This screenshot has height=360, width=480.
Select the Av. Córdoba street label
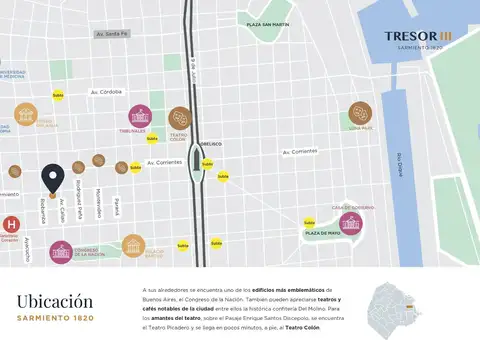tap(107, 91)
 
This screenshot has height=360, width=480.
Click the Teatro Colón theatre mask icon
tap(179, 118)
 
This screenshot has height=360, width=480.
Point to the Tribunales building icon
tap(139, 115)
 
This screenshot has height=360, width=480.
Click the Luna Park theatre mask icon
tap(360, 113)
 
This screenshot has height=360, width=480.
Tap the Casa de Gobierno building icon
tap(350, 223)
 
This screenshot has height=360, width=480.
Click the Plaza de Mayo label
tap(322, 232)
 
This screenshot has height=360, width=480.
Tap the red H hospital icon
tap(12, 224)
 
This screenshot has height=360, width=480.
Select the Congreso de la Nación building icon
tap(61, 251)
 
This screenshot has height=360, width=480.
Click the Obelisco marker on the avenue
tap(201, 160)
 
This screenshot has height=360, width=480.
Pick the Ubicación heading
tap(55, 301)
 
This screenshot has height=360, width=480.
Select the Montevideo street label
tap(98, 200)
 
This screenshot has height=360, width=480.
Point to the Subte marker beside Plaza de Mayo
tap(309, 223)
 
